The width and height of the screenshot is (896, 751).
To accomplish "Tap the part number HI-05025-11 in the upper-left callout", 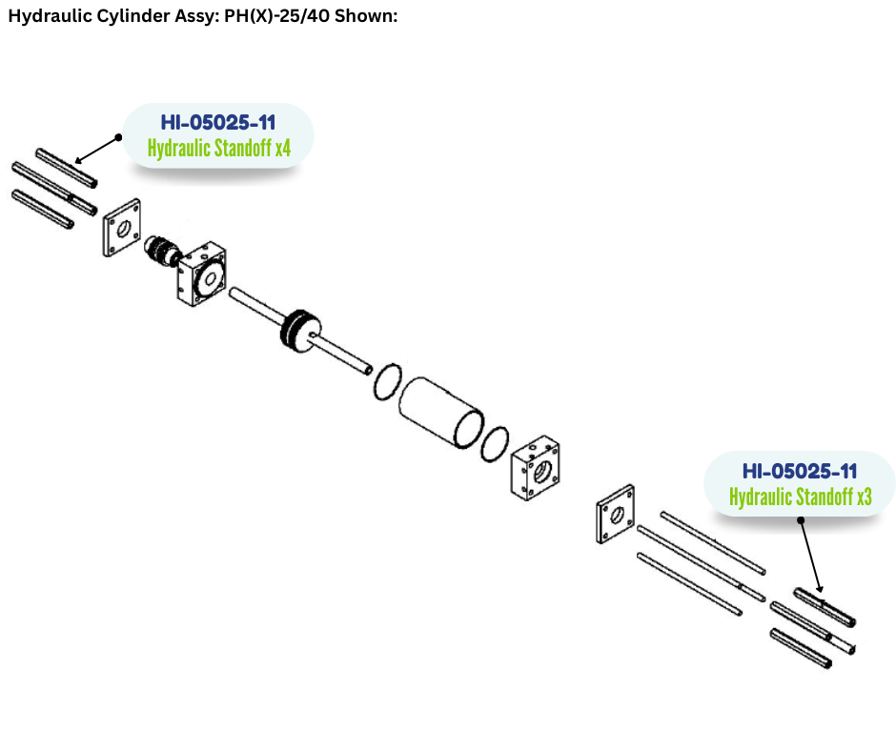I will (218, 123).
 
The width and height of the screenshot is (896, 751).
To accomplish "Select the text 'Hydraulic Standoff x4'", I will (218, 149).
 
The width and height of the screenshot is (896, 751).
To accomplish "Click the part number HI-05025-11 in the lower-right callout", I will (800, 471).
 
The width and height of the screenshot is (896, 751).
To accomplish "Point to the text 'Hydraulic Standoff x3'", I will (800, 497).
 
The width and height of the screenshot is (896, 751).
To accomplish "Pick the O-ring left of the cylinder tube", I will (385, 380).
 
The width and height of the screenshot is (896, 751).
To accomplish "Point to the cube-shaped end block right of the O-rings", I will (536, 468).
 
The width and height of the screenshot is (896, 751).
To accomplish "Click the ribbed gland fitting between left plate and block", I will (160, 252).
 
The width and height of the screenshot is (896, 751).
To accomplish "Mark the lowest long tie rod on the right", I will (688, 583).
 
